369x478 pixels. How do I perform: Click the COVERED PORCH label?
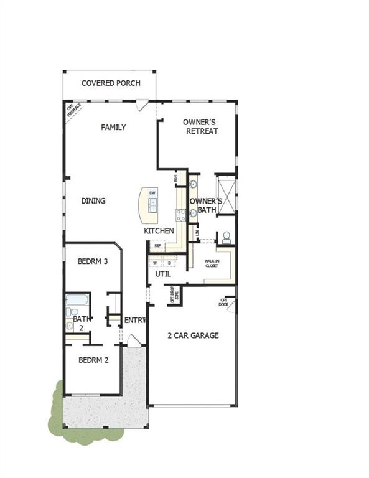click(x=111, y=83)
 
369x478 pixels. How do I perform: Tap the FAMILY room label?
click(x=113, y=127)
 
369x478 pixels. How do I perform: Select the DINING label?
click(x=93, y=200)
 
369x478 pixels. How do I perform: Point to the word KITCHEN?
click(x=159, y=231)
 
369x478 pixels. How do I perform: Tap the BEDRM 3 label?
click(x=93, y=261)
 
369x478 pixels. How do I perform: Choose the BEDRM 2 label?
click(x=93, y=359)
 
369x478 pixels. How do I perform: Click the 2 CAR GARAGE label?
click(x=193, y=335)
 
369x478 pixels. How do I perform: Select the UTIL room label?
click(x=163, y=274)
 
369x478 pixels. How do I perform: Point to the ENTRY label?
click(x=135, y=320)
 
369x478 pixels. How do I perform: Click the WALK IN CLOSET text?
click(x=213, y=264)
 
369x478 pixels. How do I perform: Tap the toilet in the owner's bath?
click(x=227, y=237)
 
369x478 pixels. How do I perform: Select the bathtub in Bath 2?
click(x=77, y=299)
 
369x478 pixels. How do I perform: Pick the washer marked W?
click(x=156, y=263)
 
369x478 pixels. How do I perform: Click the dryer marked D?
click(x=168, y=263)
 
